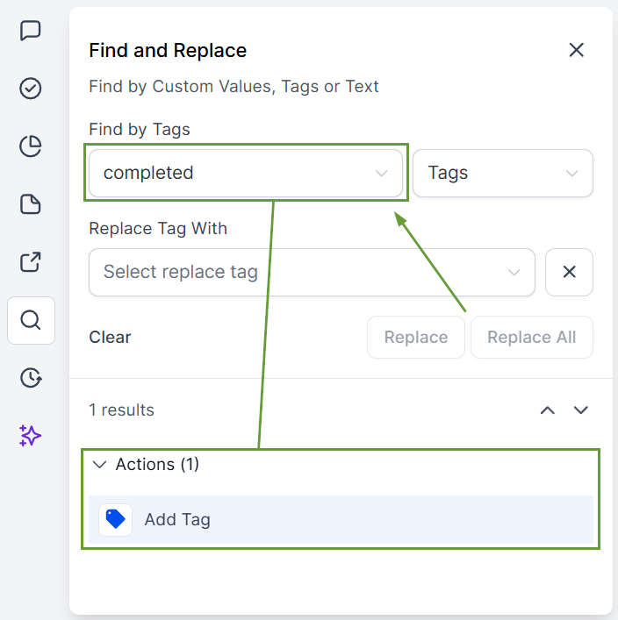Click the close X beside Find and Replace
pyautogui.click(x=576, y=50)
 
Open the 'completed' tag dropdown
pyautogui.click(x=246, y=173)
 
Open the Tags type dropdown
pyautogui.click(x=503, y=173)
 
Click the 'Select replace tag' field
pyautogui.click(x=312, y=272)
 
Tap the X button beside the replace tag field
pyautogui.click(x=569, y=272)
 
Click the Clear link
pyautogui.click(x=110, y=338)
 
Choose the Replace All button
pyautogui.click(x=532, y=338)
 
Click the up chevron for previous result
pyautogui.click(x=548, y=410)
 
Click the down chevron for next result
pyautogui.click(x=581, y=410)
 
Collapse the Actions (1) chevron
pyautogui.click(x=99, y=465)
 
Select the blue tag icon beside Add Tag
pyautogui.click(x=115, y=519)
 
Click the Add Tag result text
pyautogui.click(x=177, y=519)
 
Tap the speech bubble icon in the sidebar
pyautogui.click(x=31, y=31)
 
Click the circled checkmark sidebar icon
pyautogui.click(x=31, y=89)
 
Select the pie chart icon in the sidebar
pyautogui.click(x=31, y=146)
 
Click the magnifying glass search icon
pyautogui.click(x=31, y=320)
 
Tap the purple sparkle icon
pyautogui.click(x=30, y=436)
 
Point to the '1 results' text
pyautogui.click(x=121, y=410)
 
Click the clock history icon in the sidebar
pyautogui.click(x=31, y=378)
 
